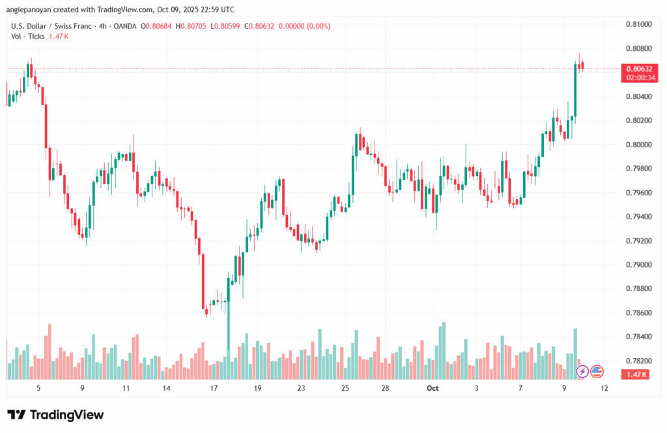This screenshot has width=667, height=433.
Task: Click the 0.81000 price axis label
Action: coord(638,24)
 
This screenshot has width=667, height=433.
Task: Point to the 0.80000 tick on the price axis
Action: coord(638,145)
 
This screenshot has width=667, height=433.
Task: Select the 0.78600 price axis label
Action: coord(638,313)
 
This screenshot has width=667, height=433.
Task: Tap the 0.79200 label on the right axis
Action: coord(638,241)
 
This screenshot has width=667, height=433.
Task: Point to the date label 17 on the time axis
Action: coord(213,388)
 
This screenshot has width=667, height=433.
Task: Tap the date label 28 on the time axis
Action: coord(386,388)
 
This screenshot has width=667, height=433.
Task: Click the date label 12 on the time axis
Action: coord(604,388)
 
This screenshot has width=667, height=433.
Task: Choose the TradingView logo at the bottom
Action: coord(55,415)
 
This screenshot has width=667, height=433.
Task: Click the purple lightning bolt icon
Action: coord(582,371)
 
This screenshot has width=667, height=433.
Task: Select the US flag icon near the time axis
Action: coord(597,371)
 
